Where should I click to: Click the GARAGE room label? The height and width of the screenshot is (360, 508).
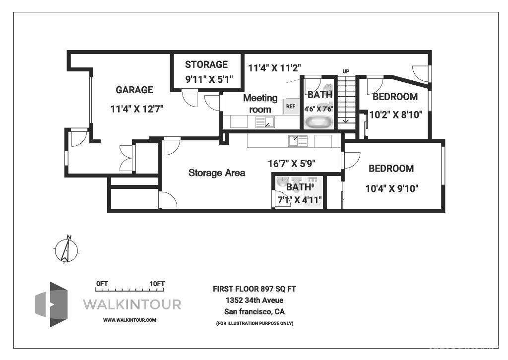(x=134, y=90)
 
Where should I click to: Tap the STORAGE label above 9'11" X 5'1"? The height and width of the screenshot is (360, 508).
(x=206, y=64)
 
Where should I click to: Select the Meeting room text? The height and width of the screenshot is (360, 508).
(x=260, y=104)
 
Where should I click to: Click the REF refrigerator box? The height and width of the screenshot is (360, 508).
(x=291, y=106)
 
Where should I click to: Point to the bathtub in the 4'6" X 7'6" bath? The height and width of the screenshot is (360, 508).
(x=319, y=121)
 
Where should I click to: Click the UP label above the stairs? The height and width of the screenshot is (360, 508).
(x=346, y=71)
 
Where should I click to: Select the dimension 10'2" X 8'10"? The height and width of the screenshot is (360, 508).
(x=396, y=115)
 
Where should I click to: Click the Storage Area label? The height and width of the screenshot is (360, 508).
(x=217, y=173)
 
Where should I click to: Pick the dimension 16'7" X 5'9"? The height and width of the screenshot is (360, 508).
(x=292, y=163)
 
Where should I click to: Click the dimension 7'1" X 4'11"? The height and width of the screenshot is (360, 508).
(x=300, y=200)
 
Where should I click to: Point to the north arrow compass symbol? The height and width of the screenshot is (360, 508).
(x=66, y=249)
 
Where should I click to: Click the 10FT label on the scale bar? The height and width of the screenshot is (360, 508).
(x=157, y=284)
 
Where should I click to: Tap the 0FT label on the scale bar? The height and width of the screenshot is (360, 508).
(x=102, y=284)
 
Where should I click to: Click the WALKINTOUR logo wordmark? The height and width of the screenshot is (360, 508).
(x=131, y=304)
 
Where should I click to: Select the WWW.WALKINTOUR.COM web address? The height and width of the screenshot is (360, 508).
(x=129, y=320)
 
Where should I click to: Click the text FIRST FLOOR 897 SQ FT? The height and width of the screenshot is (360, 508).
(x=254, y=289)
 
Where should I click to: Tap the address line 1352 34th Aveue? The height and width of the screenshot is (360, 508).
(x=254, y=300)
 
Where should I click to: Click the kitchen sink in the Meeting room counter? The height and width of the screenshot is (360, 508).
(x=265, y=122)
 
